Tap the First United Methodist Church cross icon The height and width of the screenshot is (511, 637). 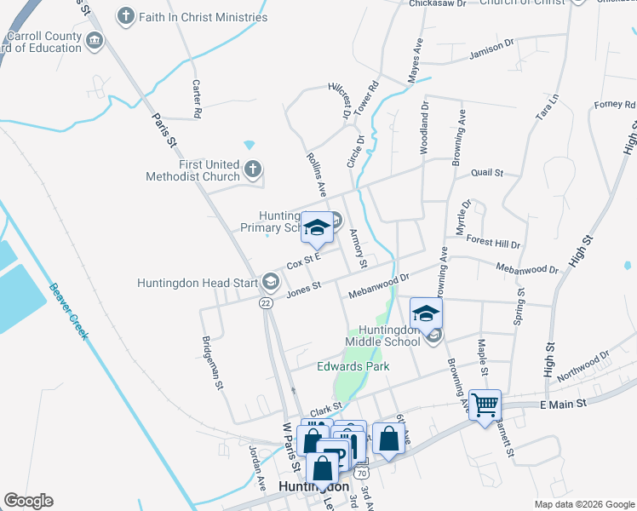(x=252, y=169)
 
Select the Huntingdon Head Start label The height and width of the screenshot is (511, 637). (x=198, y=282)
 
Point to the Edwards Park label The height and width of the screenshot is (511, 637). (x=353, y=366)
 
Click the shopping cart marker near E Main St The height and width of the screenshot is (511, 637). (x=485, y=405)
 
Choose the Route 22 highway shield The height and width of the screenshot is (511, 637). (x=267, y=302)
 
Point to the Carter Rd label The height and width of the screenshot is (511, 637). (x=197, y=99)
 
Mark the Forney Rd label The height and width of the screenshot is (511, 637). (x=609, y=105)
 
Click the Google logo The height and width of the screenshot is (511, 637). (x=28, y=501)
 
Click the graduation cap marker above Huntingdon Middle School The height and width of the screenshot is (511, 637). (x=426, y=313)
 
